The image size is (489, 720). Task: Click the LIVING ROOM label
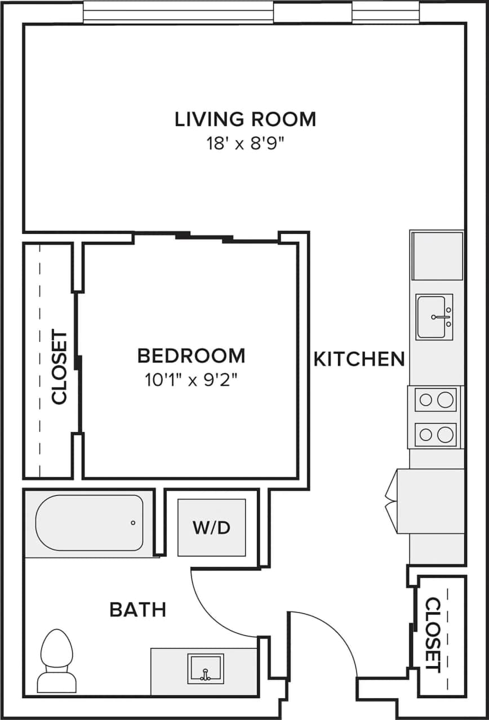coord(245,119)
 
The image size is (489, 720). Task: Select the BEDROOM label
coord(191,355)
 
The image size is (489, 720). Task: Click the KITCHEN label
coord(359,358)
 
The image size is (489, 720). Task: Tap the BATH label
coord(138,609)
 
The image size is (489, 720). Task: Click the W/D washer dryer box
coord(212,528)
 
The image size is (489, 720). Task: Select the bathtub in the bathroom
coord(89,523)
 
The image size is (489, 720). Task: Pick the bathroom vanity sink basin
coord(206,668)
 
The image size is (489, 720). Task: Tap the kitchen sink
coord(434,317)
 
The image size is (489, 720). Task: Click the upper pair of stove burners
coord(436,400)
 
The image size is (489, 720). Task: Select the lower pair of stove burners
coord(436,434)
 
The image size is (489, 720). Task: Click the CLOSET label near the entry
coord(433,634)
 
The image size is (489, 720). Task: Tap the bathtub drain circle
coord(133,523)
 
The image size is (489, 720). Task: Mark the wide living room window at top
coord(179,12)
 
